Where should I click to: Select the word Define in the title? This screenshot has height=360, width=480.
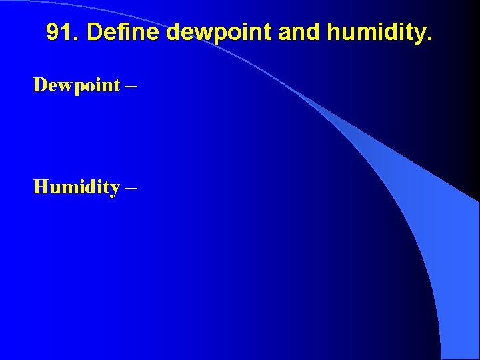(x=125, y=32)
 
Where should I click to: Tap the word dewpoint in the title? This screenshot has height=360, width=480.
(x=220, y=32)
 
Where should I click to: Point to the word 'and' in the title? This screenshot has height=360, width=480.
(x=295, y=32)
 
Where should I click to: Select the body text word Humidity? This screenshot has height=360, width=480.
(x=76, y=187)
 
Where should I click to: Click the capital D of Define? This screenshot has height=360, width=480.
(x=94, y=32)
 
